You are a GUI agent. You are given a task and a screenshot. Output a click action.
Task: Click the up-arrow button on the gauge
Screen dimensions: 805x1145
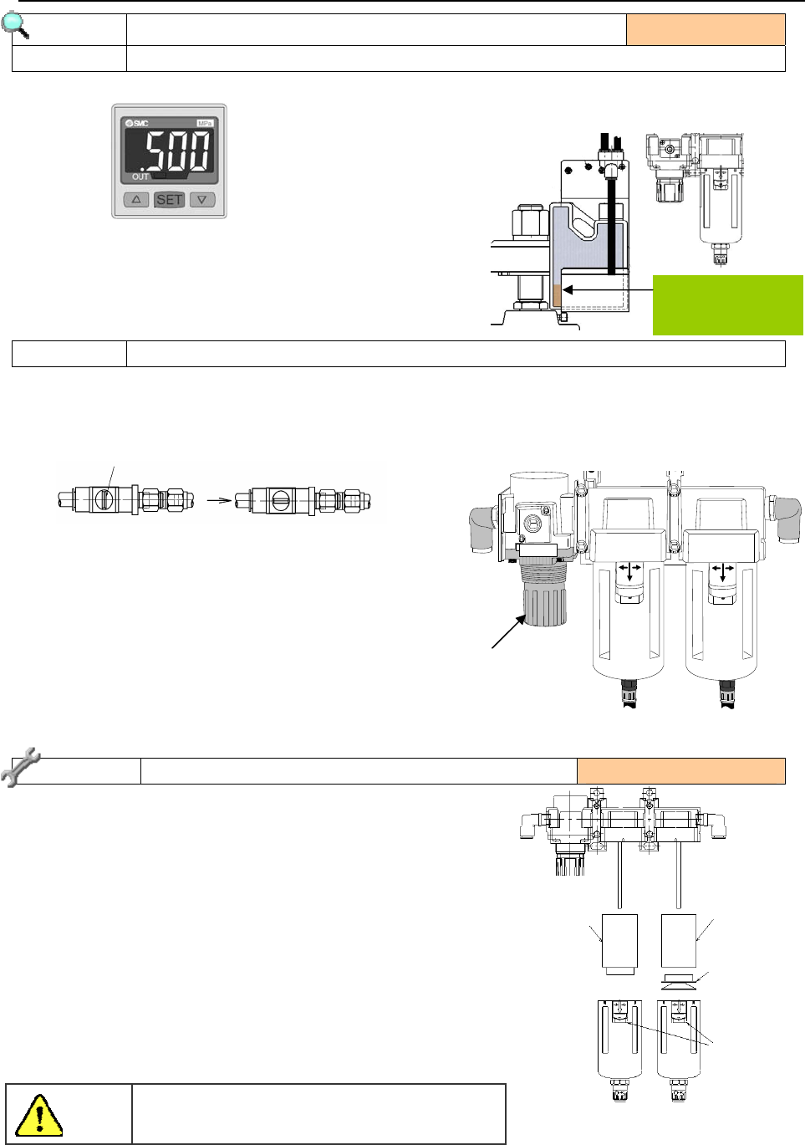136,200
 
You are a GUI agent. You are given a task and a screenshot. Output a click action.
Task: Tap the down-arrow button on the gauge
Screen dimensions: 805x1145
202,200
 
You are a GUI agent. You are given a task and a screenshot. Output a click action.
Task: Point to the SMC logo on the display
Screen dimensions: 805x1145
137,123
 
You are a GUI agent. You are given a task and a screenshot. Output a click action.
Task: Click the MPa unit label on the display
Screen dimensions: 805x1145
205,123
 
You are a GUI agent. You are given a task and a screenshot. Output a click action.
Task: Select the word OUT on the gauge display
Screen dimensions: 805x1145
140,176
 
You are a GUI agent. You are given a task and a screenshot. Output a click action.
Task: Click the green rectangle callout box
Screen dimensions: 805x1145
728,305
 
